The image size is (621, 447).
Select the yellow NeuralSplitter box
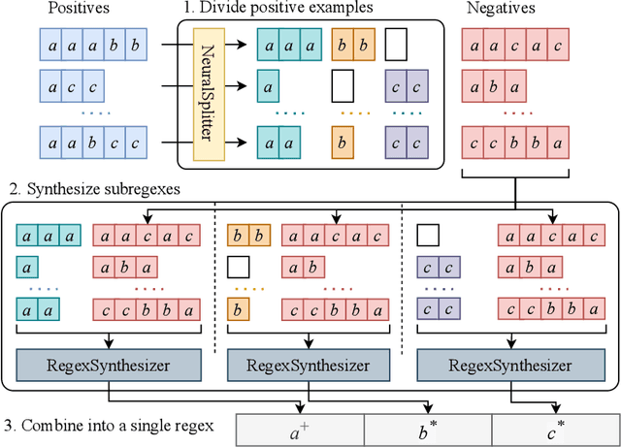pos(206,94)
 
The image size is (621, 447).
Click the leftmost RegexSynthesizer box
pos(110,366)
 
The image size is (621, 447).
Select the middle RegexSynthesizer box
pos(311,366)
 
